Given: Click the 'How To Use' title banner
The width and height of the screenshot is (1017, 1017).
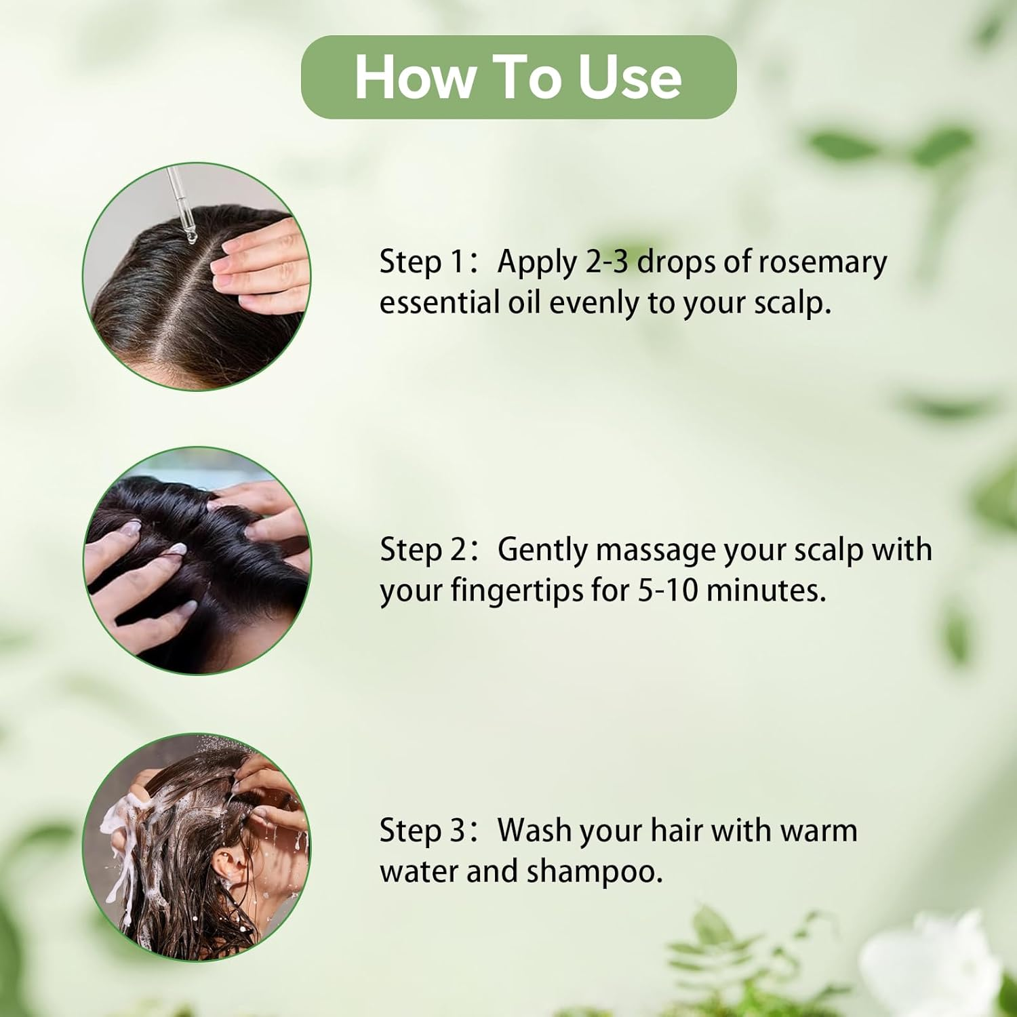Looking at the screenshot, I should [x=519, y=77].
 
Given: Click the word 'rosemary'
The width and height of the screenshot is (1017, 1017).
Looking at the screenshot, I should [x=822, y=263].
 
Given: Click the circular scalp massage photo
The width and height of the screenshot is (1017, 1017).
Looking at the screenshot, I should [x=197, y=561].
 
